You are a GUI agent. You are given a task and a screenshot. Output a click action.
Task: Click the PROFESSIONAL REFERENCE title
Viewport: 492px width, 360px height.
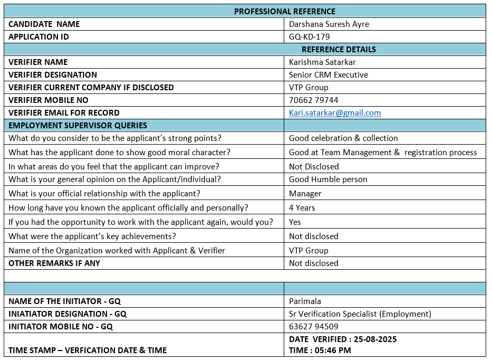click(x=284, y=11)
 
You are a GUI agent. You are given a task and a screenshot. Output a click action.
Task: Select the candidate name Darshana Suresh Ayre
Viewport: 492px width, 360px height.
click(x=329, y=24)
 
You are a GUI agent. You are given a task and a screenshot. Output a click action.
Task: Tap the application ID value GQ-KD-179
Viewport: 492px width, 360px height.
click(x=309, y=36)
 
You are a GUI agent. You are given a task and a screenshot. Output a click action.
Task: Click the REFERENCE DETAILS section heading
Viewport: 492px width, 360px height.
click(x=339, y=49)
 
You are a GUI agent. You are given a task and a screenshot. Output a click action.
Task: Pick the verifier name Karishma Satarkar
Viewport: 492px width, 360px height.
click(x=322, y=62)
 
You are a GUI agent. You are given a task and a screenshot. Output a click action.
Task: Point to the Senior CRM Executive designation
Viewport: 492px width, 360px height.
click(x=328, y=74)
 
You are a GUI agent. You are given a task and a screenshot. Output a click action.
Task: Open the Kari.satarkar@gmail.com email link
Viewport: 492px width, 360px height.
click(x=334, y=113)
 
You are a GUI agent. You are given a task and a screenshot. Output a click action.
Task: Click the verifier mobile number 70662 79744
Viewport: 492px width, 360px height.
click(x=313, y=100)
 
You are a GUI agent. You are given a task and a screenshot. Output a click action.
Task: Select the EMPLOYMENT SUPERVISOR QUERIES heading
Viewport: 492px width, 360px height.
click(x=78, y=126)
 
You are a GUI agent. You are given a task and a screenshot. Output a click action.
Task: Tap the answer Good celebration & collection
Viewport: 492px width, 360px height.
click(x=343, y=138)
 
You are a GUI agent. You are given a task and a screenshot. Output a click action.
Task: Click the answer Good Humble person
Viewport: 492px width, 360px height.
click(x=328, y=179)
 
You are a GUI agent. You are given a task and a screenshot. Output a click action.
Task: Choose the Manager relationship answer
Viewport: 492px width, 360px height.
click(x=305, y=194)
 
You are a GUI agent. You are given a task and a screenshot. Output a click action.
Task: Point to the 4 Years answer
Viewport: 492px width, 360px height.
click(x=302, y=208)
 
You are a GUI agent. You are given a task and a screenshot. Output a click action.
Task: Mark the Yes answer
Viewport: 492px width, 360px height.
click(x=295, y=222)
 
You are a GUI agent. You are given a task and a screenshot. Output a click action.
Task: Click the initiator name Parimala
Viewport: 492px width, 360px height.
click(x=305, y=301)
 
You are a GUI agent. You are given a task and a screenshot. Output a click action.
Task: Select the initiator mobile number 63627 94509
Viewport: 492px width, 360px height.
click(x=313, y=327)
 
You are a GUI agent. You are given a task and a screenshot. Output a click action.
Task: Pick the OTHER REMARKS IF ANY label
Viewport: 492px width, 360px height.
click(x=54, y=263)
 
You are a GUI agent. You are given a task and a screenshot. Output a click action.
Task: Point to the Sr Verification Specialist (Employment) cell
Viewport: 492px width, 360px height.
click(x=360, y=314)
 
